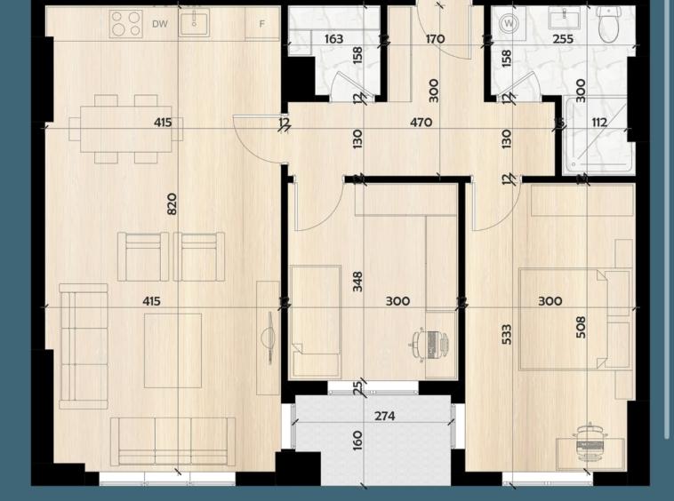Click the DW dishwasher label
coord(160,24)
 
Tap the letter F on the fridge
coord(261,24)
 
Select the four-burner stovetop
coord(126,24)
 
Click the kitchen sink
coord(195,23)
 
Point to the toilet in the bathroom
coord(609,25)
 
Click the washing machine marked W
coord(509,23)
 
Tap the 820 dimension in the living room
coord(171,204)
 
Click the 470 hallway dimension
coord(421,123)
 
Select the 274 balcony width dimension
coord(385,416)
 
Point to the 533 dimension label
coord(506,334)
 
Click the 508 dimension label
coord(581,327)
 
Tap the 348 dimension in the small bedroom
coord(357,282)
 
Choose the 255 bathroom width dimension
coord(563,39)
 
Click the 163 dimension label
coord(334,39)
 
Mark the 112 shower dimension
coord(599,123)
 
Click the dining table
coord(126,129)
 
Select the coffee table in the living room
coord(173,350)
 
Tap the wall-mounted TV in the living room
coord(270,338)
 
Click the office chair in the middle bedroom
coord(429,344)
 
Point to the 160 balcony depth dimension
coord(357,441)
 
